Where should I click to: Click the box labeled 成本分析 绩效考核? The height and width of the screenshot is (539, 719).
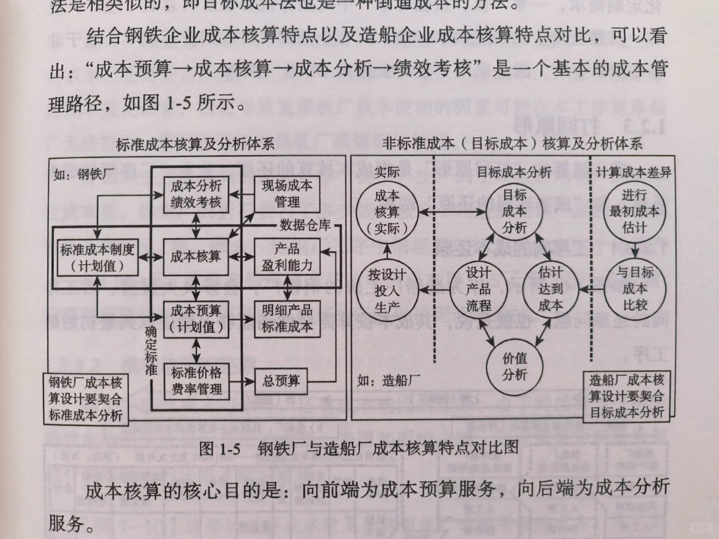(x=196, y=194)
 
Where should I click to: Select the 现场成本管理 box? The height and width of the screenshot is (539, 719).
(x=287, y=194)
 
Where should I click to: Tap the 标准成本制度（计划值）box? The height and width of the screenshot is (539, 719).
(x=97, y=257)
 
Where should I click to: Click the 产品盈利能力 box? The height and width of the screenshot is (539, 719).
(x=287, y=257)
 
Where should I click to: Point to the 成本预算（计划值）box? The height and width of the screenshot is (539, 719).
(x=196, y=319)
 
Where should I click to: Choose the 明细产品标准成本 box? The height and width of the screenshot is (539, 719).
(x=287, y=319)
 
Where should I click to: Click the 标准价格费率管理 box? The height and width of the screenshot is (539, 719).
(x=196, y=381)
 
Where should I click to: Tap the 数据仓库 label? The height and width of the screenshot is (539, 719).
(x=305, y=225)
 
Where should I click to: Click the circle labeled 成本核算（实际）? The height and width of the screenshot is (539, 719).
(x=387, y=212)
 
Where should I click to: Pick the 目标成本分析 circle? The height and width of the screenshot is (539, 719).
(x=514, y=211)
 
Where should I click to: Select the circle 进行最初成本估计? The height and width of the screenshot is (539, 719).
(x=634, y=211)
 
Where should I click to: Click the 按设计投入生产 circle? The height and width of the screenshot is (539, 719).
(x=387, y=291)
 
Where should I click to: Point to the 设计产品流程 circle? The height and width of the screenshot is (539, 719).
(x=478, y=289)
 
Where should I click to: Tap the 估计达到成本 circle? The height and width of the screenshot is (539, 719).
(x=550, y=289)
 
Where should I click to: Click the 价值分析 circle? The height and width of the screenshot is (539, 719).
(x=514, y=366)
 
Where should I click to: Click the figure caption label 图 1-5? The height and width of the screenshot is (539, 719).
(x=220, y=448)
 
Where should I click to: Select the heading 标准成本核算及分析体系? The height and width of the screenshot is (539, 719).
(x=195, y=145)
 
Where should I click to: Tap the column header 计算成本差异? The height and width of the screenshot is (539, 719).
(x=634, y=173)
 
